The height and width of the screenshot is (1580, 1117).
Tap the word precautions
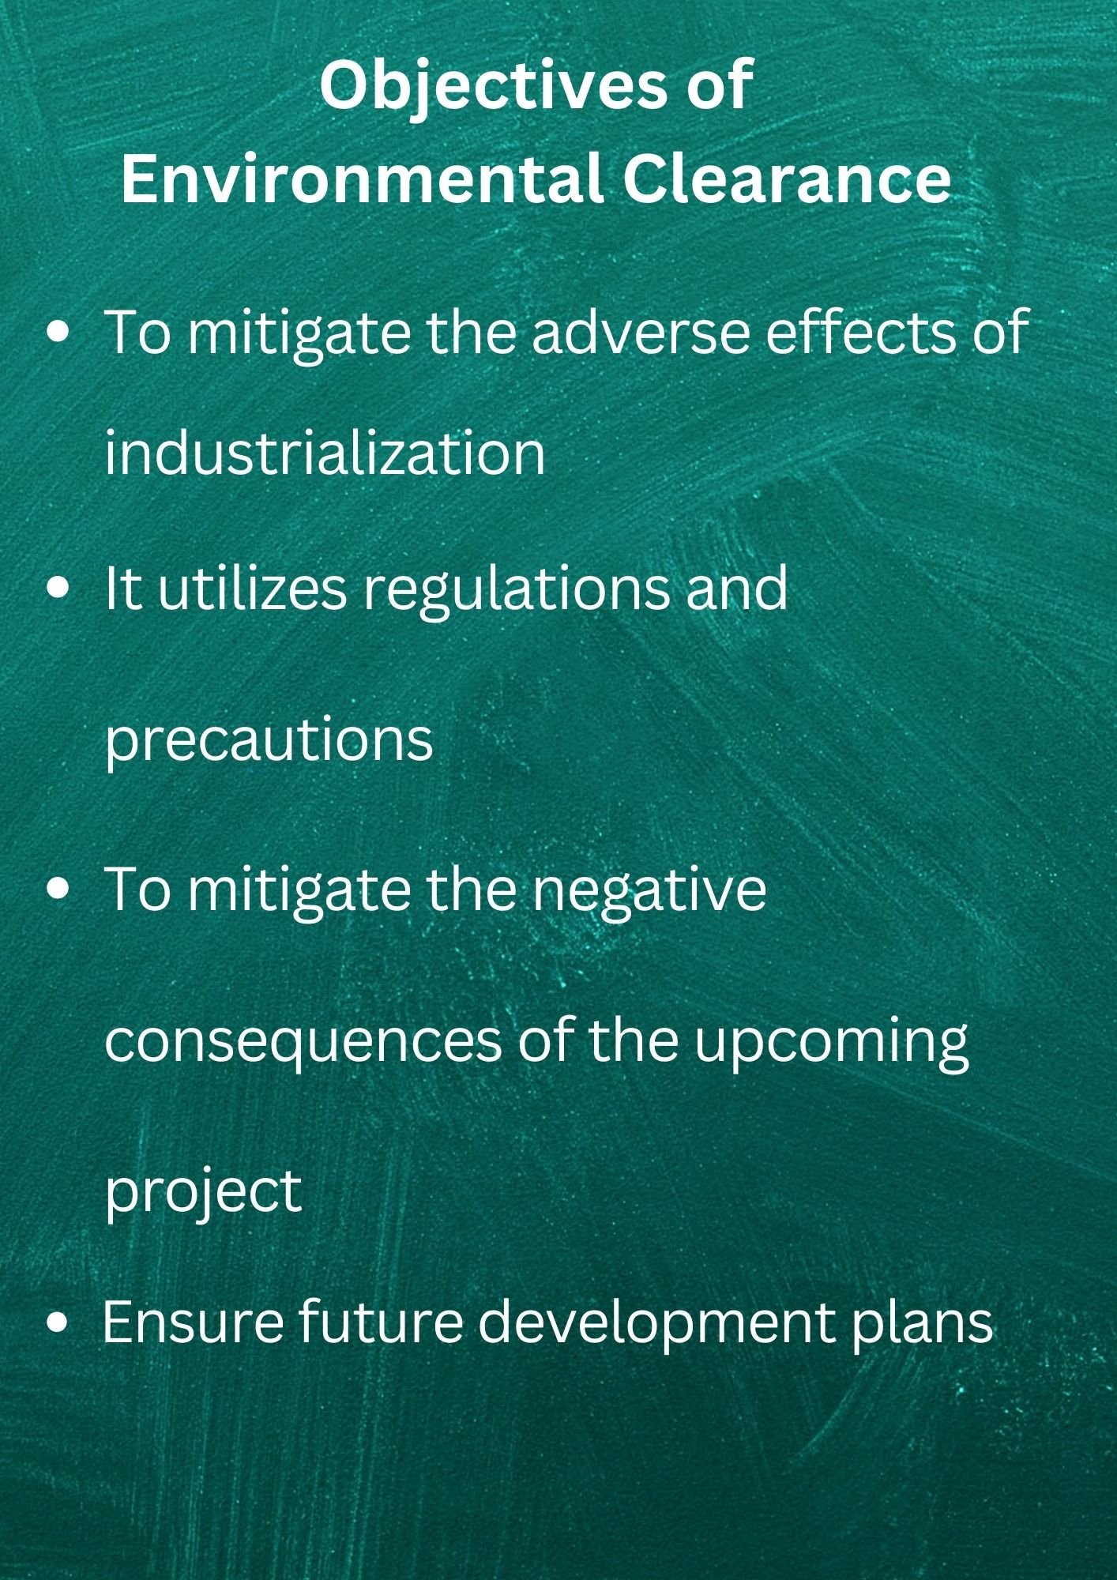269,740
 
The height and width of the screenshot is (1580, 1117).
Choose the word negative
648,890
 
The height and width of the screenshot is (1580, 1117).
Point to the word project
203,1193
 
